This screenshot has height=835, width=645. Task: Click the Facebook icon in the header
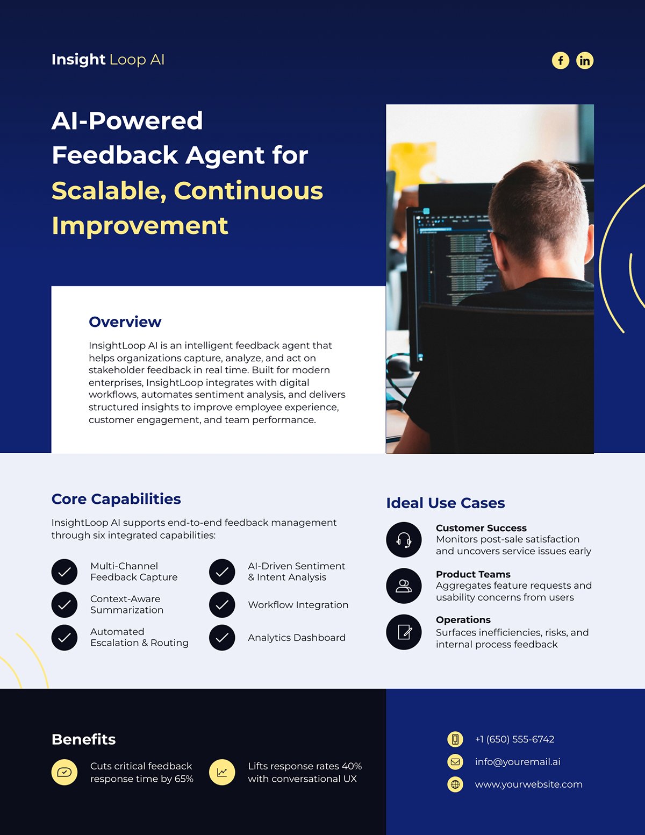point(560,60)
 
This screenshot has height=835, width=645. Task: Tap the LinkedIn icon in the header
point(585,60)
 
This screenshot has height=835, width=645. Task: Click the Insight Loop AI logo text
point(107,59)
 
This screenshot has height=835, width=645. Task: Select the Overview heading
point(125,322)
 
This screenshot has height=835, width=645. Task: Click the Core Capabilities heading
point(116,499)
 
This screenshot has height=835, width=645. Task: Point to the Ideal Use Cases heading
point(445,503)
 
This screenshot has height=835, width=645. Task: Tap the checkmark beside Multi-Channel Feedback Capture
point(64,572)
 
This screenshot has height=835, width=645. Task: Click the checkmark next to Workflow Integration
point(222,605)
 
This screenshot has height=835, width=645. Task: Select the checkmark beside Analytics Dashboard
point(222,638)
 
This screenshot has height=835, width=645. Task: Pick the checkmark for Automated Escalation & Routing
point(64,638)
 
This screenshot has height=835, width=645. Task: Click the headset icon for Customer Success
point(404,540)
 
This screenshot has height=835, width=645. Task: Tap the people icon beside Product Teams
point(404,586)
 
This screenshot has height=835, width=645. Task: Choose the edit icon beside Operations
point(404,632)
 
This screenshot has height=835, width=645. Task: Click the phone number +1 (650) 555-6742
point(514,739)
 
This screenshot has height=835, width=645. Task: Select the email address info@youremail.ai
point(517,762)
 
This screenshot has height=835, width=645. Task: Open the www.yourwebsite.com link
point(528,784)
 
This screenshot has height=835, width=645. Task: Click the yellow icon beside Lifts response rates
point(222,773)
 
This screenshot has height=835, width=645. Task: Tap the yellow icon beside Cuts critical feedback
point(64,773)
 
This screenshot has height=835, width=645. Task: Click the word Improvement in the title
point(140,225)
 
